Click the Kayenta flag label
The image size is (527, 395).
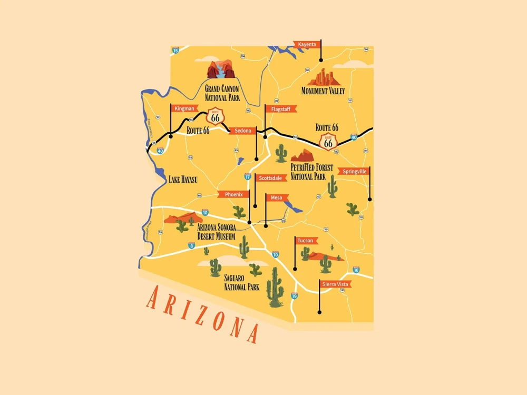point(308,44)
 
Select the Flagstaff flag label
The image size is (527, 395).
point(279,109)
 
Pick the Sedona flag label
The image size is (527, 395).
point(243,130)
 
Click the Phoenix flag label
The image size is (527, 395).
point(233,194)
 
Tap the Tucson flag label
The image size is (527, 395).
point(306,241)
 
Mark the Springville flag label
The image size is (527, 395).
point(354,171)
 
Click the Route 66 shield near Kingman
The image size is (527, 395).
point(215,116)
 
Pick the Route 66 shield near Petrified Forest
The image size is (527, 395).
point(329,142)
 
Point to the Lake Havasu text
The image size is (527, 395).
point(182,180)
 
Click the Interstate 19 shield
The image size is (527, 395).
point(294,296)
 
